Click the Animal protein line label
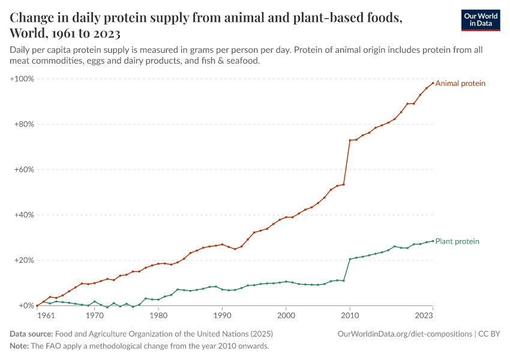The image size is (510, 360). point(460,83)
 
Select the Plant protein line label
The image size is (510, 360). point(457,241)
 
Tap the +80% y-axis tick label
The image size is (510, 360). point(24,124)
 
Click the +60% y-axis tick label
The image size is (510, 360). point(24,170)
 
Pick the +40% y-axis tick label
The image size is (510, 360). point(24,215)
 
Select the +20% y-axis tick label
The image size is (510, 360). point(24,260)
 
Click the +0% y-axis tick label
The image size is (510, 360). point(26,305)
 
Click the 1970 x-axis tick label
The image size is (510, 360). point(94,315)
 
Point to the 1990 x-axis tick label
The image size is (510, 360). point(222,315)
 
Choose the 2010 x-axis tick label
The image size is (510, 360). point(350,315)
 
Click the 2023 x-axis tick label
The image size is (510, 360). point(424,315)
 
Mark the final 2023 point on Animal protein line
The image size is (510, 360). point(433,83)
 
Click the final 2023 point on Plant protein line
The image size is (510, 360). point(433,241)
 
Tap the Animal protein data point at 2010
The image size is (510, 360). point(350,140)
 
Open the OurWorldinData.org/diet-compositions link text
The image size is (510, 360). point(405,334)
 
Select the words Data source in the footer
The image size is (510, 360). point(31,334)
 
